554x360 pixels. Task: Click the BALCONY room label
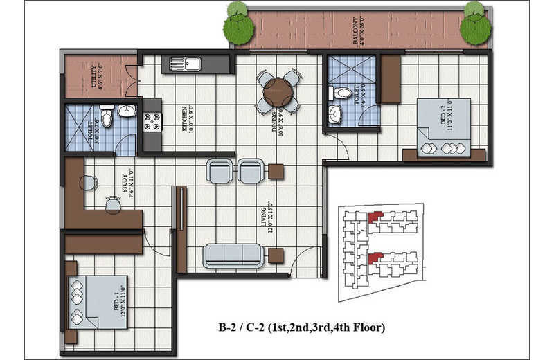(x=358, y=31)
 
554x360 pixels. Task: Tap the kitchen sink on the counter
(x=184, y=64)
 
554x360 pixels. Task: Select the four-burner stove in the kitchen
(x=151, y=123)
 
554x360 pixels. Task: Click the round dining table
(x=278, y=91)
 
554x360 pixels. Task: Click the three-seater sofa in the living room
(x=233, y=255)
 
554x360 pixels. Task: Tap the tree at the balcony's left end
(x=238, y=25)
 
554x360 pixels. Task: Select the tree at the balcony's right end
(x=475, y=25)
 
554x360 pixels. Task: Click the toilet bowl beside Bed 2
(x=342, y=93)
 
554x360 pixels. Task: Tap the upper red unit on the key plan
(x=374, y=217)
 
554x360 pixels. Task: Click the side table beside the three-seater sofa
(x=276, y=255)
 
